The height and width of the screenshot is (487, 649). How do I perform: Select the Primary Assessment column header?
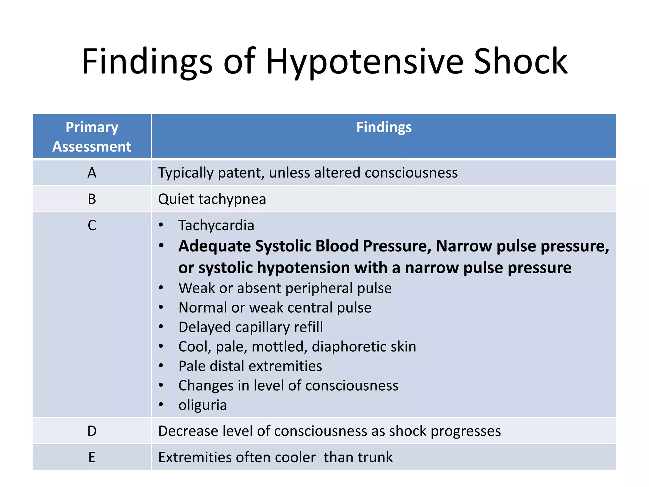pyautogui.click(x=92, y=137)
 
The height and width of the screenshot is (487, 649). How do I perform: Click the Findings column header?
pyautogui.click(x=384, y=127)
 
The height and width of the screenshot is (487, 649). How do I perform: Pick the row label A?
pyautogui.click(x=92, y=173)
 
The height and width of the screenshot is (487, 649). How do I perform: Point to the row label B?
pyautogui.click(x=92, y=199)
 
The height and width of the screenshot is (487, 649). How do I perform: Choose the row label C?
pyautogui.click(x=92, y=226)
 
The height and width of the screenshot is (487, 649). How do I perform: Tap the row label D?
pyautogui.click(x=92, y=431)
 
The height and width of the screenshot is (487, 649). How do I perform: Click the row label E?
pyautogui.click(x=92, y=458)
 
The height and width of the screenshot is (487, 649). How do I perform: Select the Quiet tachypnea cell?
pyautogui.click(x=212, y=199)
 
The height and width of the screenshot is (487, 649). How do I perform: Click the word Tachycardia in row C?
pyautogui.click(x=216, y=226)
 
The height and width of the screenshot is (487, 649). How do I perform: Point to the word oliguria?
pyautogui.click(x=202, y=405)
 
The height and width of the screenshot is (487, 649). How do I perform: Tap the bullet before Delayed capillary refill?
pyautogui.click(x=161, y=327)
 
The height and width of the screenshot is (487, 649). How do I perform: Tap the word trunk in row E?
pyautogui.click(x=375, y=458)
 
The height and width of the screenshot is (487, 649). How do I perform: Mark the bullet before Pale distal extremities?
pyautogui.click(x=161, y=366)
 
